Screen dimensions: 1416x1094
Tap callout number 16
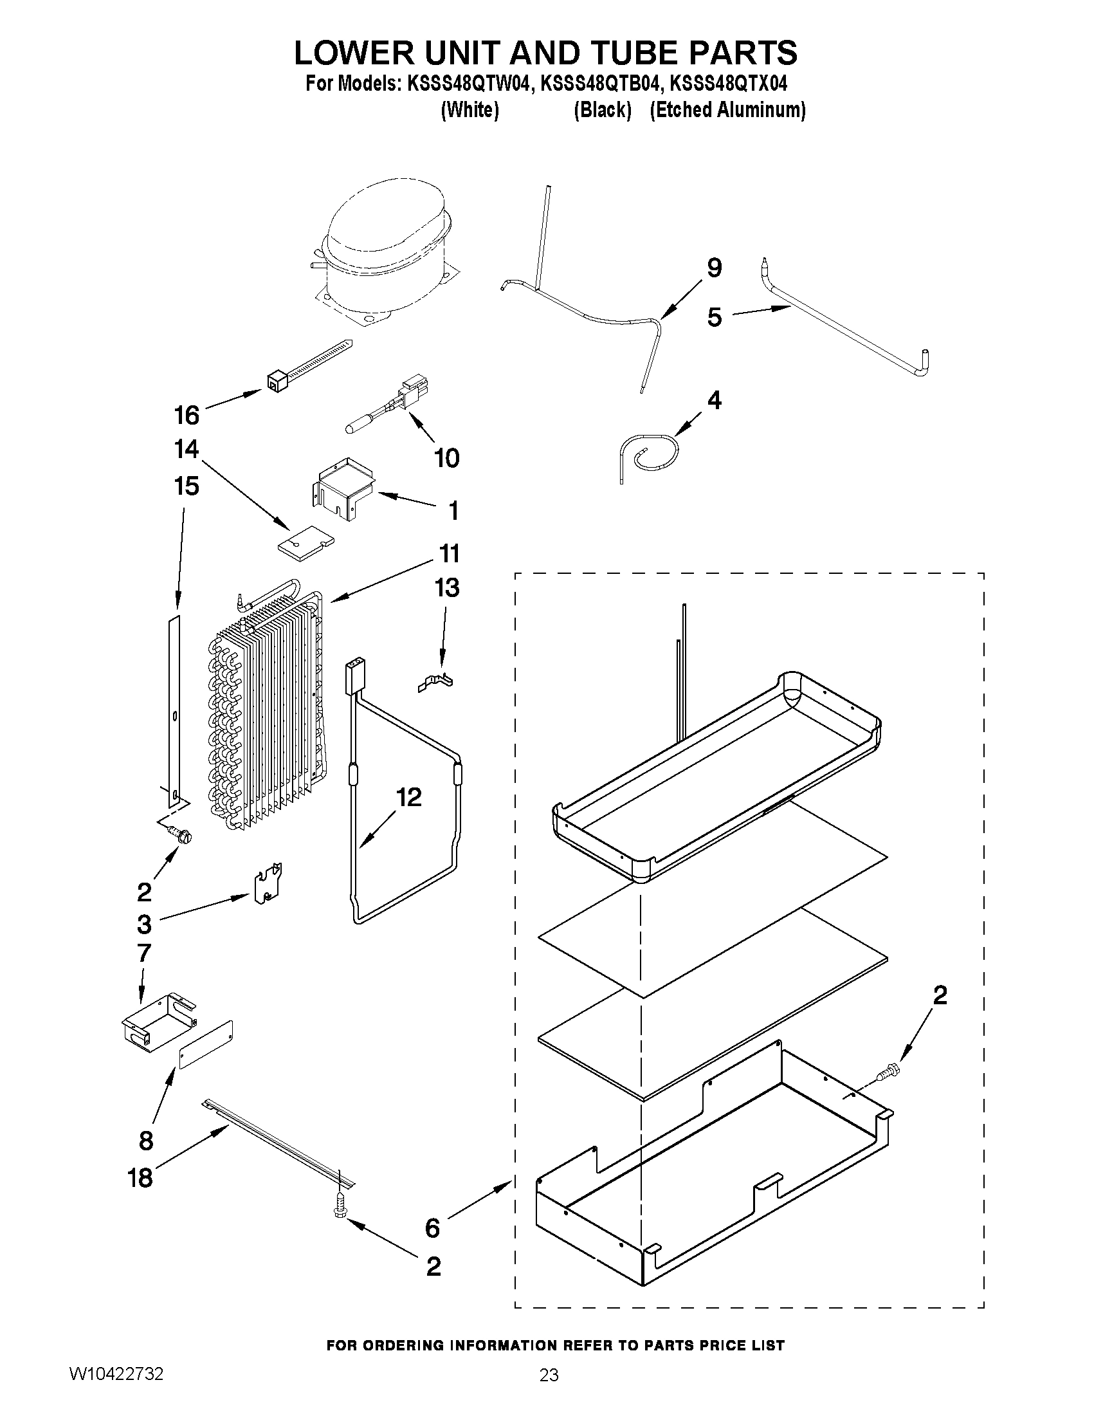[x=187, y=415]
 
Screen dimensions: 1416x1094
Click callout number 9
[x=713, y=267]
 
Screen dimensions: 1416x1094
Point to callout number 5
[x=714, y=318]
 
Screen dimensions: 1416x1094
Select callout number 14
[x=187, y=448]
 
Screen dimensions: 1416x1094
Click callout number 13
[x=447, y=587]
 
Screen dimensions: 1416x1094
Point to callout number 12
[x=409, y=798]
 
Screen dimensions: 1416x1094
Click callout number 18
[x=140, y=1177]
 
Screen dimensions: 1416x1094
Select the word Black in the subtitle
[x=603, y=110]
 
